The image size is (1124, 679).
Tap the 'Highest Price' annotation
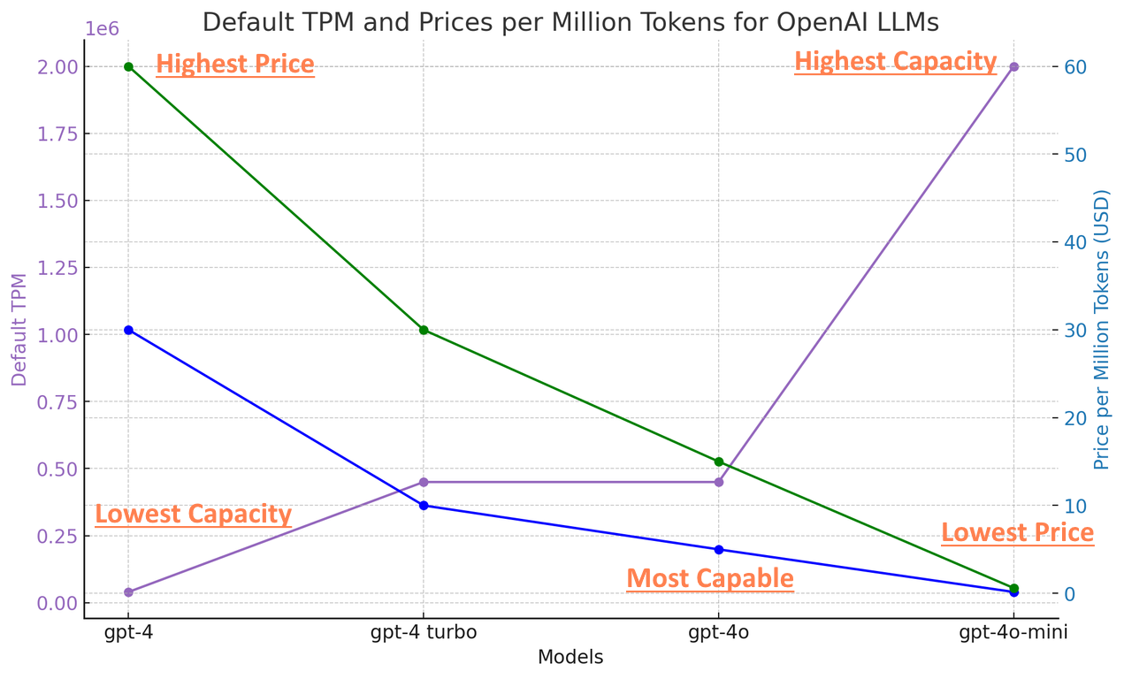(x=235, y=65)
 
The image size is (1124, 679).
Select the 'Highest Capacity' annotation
(x=895, y=61)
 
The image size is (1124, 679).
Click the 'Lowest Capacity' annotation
(x=193, y=514)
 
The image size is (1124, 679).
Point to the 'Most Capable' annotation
(x=710, y=578)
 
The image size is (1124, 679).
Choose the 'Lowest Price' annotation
(x=1017, y=532)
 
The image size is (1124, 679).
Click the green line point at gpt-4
(x=128, y=67)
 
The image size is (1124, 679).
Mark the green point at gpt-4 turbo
(x=424, y=330)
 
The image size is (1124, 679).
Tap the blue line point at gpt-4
(x=128, y=330)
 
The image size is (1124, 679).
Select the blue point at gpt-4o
(x=719, y=550)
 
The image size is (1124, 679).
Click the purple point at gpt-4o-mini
(x=1014, y=67)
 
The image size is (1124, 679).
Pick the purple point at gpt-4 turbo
(x=424, y=482)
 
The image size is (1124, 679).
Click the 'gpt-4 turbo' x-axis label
(x=424, y=632)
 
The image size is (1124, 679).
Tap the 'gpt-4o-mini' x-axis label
(x=1013, y=632)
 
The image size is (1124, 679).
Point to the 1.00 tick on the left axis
(x=58, y=335)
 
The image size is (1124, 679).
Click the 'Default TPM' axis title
(x=19, y=330)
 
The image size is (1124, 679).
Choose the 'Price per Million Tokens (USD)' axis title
(x=1102, y=330)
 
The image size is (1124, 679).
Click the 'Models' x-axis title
(x=570, y=658)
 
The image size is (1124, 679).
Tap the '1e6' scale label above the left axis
(x=102, y=29)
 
